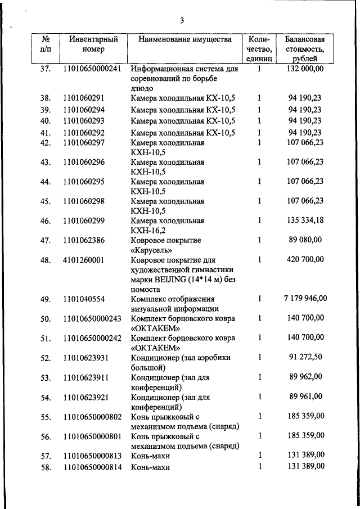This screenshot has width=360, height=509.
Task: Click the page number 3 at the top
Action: (x=182, y=21)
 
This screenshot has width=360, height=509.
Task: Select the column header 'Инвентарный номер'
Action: (x=93, y=44)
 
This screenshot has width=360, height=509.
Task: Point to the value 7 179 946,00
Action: (x=305, y=299)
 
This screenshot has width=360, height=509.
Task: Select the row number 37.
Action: (x=46, y=69)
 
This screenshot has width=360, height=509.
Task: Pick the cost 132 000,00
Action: (x=305, y=69)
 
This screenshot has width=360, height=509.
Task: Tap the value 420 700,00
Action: (x=305, y=260)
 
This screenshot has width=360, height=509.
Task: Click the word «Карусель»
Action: (x=150, y=250)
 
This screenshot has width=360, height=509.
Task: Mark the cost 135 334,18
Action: (x=305, y=220)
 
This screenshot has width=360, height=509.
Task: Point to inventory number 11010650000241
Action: (x=93, y=69)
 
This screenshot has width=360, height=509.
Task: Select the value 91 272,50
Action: (x=305, y=357)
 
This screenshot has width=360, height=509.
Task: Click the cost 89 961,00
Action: (x=305, y=397)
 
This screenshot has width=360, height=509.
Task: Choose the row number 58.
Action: (x=46, y=467)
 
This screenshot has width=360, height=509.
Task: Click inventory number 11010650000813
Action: (x=93, y=455)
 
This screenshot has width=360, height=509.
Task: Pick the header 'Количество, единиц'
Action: (x=259, y=49)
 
